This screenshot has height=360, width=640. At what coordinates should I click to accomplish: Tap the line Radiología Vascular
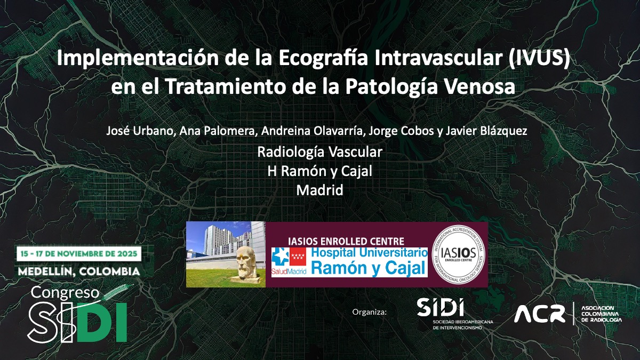(x=319, y=152)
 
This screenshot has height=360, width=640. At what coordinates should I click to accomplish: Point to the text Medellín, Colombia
(x=78, y=271)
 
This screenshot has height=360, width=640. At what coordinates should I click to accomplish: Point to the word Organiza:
(x=369, y=311)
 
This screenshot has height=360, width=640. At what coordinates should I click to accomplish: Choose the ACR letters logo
(x=539, y=314)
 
